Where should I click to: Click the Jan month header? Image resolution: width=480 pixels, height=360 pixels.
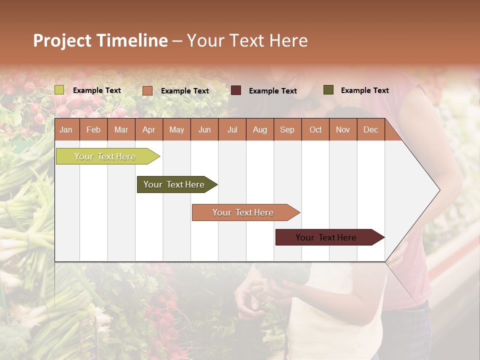pyautogui.click(x=66, y=129)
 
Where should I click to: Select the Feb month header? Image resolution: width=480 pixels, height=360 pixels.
pyautogui.click(x=93, y=129)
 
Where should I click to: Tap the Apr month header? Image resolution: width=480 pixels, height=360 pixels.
pyautogui.click(x=148, y=129)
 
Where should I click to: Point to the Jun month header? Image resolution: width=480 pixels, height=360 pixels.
pyautogui.click(x=204, y=129)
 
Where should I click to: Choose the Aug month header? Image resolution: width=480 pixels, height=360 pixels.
pyautogui.click(x=259, y=129)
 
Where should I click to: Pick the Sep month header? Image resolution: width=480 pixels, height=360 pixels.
pyautogui.click(x=287, y=129)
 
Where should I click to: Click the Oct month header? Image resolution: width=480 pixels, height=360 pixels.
pyautogui.click(x=315, y=129)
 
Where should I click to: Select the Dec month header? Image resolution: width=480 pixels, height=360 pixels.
pyautogui.click(x=370, y=129)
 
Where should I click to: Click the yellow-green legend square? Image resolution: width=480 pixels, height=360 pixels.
pyautogui.click(x=59, y=90)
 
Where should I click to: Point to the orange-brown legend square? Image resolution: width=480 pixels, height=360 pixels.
pyautogui.click(x=147, y=90)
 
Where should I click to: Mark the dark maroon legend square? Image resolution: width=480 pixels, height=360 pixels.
pyautogui.click(x=236, y=90)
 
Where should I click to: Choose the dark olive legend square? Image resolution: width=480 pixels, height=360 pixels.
pyautogui.click(x=328, y=90)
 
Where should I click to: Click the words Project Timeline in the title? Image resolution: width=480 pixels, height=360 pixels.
pyautogui.click(x=100, y=40)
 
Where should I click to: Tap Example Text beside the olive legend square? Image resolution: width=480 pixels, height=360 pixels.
pyautogui.click(x=364, y=90)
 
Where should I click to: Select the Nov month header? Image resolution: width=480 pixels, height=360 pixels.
pyautogui.click(x=343, y=129)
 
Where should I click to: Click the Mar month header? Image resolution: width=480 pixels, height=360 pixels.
pyautogui.click(x=121, y=129)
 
